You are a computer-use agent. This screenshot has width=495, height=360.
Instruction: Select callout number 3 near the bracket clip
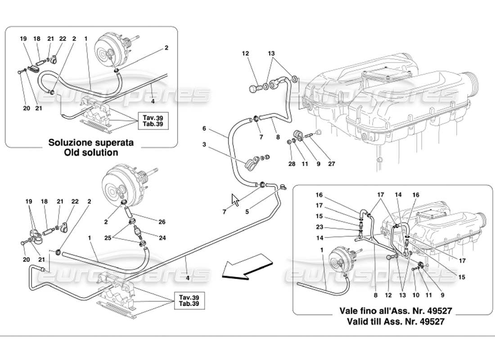[x=205, y=144]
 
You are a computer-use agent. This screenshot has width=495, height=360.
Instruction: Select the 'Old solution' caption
[x=92, y=152]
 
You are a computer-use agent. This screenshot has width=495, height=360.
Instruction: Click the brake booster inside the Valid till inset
[x=341, y=261]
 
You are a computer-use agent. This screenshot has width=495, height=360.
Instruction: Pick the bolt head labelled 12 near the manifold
[x=253, y=89]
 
